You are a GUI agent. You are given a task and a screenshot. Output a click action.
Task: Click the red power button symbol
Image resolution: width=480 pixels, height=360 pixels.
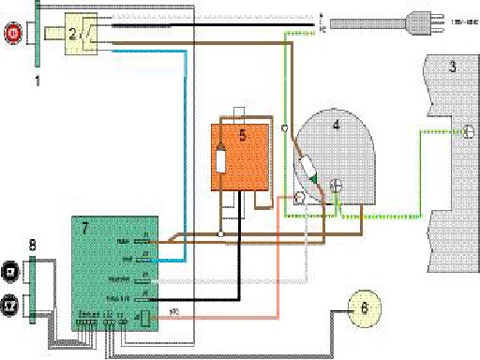(x=13, y=35)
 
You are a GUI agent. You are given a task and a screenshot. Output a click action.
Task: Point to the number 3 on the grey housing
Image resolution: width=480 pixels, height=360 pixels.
(x=452, y=67)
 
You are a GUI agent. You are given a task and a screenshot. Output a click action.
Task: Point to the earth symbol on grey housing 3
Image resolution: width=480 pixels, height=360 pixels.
(x=461, y=132)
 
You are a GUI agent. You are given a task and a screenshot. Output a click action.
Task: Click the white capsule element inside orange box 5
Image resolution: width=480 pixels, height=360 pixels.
(x=221, y=159)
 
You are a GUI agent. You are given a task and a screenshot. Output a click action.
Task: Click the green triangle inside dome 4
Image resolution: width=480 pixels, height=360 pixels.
(x=316, y=178)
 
